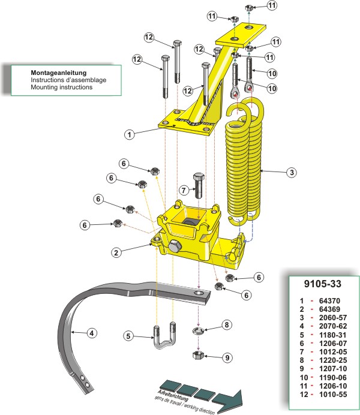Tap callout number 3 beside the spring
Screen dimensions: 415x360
pyautogui.click(x=290, y=173)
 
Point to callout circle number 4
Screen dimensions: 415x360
pyautogui.click(x=91, y=332)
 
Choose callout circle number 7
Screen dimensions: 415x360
pyautogui.click(x=185, y=191)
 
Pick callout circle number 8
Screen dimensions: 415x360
pyautogui.click(x=227, y=324)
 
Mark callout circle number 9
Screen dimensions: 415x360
pyautogui.click(x=227, y=357)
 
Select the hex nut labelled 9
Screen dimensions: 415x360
pyautogui.click(x=199, y=355)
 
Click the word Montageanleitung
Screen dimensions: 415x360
pyautogui.click(x=59, y=71)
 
